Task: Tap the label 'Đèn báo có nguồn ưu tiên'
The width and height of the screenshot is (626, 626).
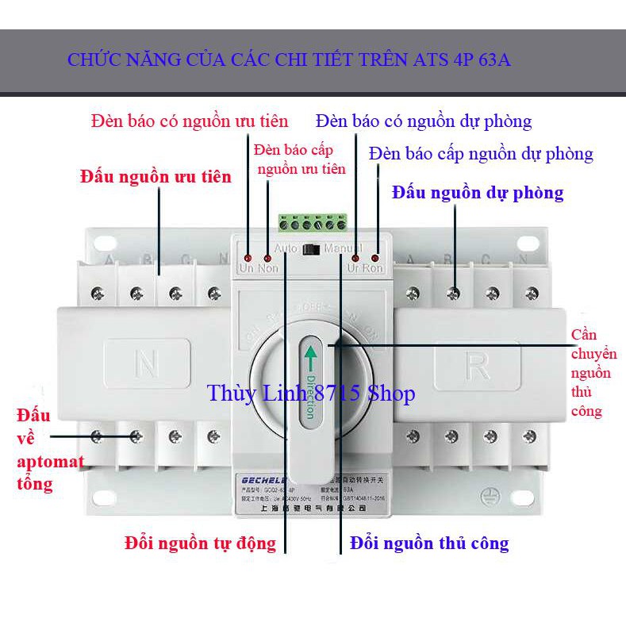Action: (189, 121)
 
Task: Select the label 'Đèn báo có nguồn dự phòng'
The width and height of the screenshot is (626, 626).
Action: (423, 121)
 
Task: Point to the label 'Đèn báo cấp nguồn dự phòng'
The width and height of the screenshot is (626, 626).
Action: (481, 153)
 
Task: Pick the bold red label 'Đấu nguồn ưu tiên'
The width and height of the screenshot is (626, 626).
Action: (156, 176)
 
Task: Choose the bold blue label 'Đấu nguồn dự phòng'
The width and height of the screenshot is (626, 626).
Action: (478, 192)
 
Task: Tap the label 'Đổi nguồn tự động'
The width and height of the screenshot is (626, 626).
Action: (201, 543)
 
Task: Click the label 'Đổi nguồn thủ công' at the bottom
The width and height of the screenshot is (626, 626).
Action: (429, 543)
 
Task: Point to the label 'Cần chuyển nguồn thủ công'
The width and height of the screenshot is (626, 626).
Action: (591, 373)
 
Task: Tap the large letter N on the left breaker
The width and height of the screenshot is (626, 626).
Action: (146, 366)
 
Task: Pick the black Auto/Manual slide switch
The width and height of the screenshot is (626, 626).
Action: (313, 249)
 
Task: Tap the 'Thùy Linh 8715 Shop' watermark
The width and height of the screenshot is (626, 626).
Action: (311, 393)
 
